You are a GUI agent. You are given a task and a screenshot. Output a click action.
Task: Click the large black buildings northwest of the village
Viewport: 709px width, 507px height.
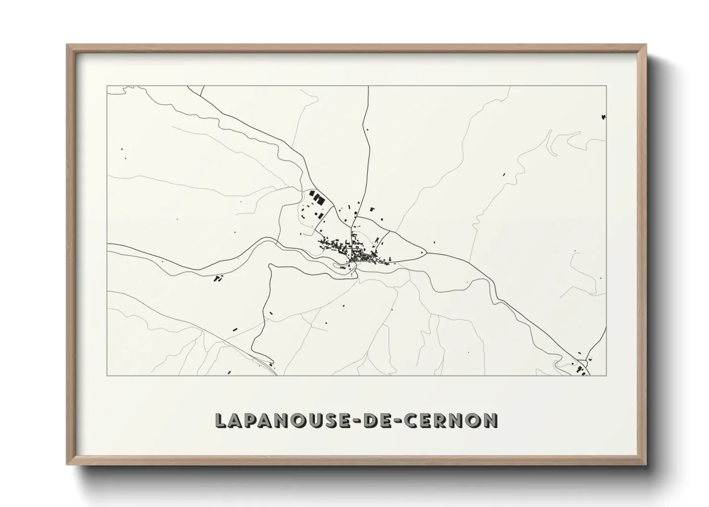point(317,197)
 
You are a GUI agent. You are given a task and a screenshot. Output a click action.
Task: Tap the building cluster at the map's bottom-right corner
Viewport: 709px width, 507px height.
point(582,369)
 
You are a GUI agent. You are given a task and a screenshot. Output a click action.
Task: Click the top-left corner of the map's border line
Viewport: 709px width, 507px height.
point(107,86)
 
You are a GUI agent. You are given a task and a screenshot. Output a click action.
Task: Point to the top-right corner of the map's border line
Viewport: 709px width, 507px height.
point(606,86)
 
